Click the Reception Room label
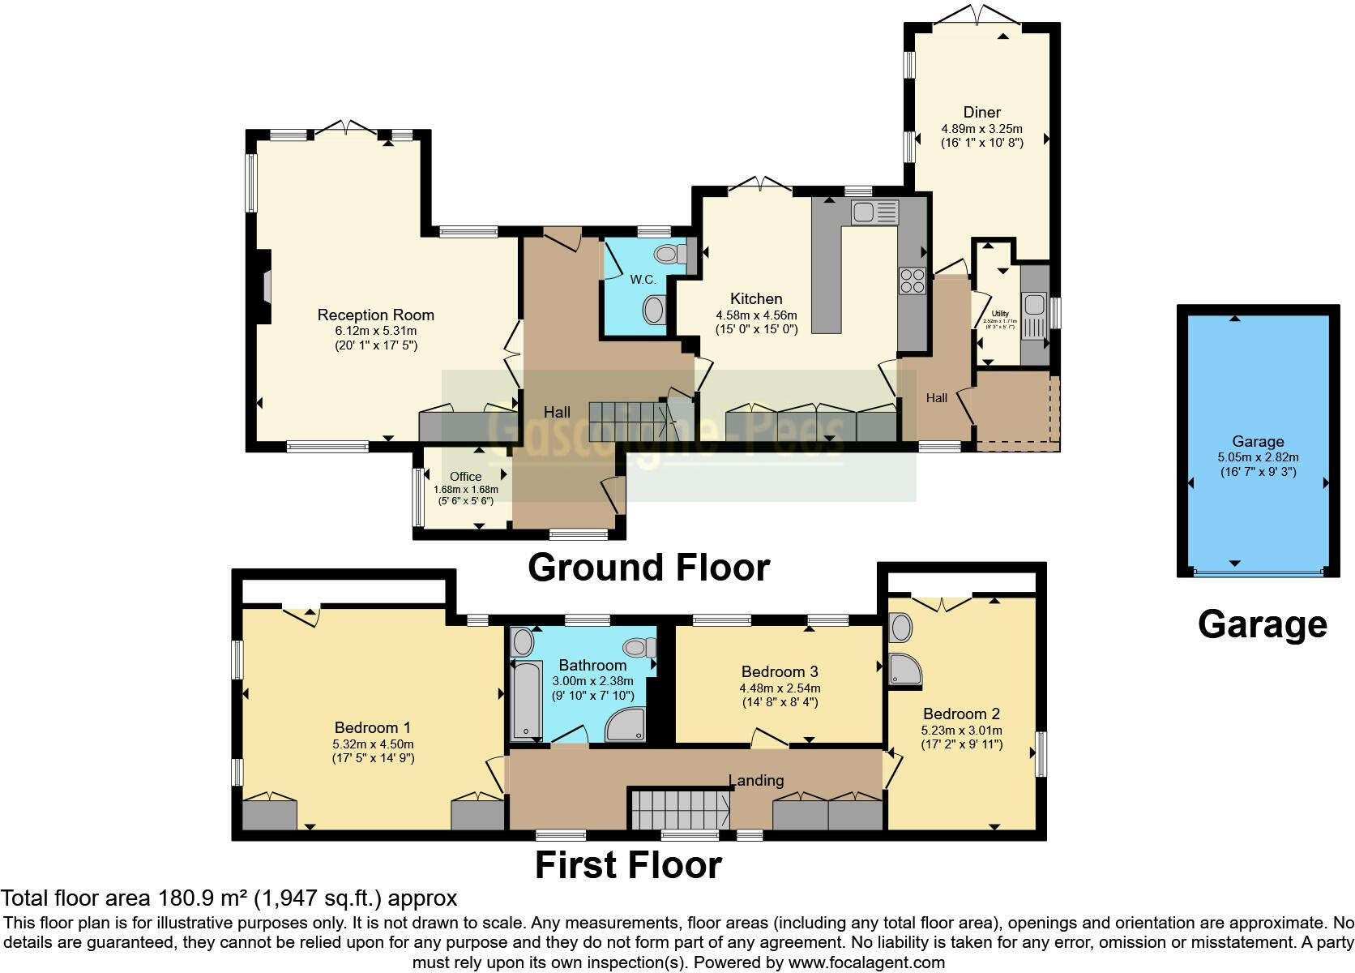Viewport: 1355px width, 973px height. pyautogui.click(x=375, y=315)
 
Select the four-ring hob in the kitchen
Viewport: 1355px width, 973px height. pyautogui.click(x=912, y=280)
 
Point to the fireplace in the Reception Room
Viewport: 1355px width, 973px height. pyautogui.click(x=264, y=288)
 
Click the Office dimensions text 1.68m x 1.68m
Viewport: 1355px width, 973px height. pyautogui.click(x=465, y=490)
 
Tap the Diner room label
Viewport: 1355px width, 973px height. pyautogui.click(x=981, y=112)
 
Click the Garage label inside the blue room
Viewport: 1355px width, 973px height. pyautogui.click(x=1258, y=441)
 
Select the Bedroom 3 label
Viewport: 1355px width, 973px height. pyautogui.click(x=780, y=671)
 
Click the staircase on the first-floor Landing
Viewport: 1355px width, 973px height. pyautogui.click(x=679, y=808)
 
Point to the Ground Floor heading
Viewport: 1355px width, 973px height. pyautogui.click(x=648, y=568)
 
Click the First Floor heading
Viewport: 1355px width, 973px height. pyautogui.click(x=628, y=865)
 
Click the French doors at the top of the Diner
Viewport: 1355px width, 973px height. pyautogui.click(x=977, y=15)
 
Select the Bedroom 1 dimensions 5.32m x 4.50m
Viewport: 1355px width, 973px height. pyautogui.click(x=373, y=744)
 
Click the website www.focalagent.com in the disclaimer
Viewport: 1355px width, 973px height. pyautogui.click(x=866, y=963)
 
